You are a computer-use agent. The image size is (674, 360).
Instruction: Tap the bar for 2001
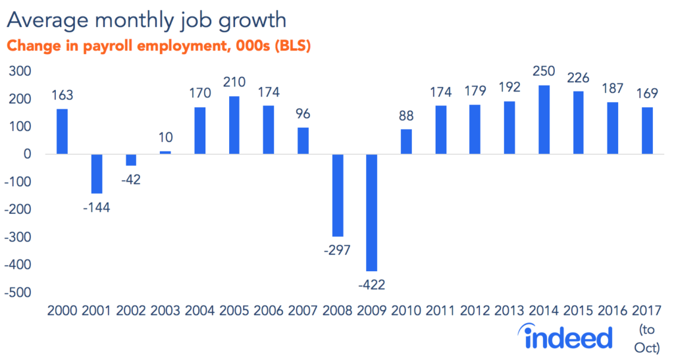pyautogui.click(x=97, y=173)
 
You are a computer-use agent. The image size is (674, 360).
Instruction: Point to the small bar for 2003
pyautogui.click(x=165, y=153)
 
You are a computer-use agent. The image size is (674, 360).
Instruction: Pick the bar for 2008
pyautogui.click(x=338, y=195)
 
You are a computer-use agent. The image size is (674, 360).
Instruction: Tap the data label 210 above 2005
pyautogui.click(x=234, y=83)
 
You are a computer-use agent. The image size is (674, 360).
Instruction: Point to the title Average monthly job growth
pyautogui.click(x=147, y=20)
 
